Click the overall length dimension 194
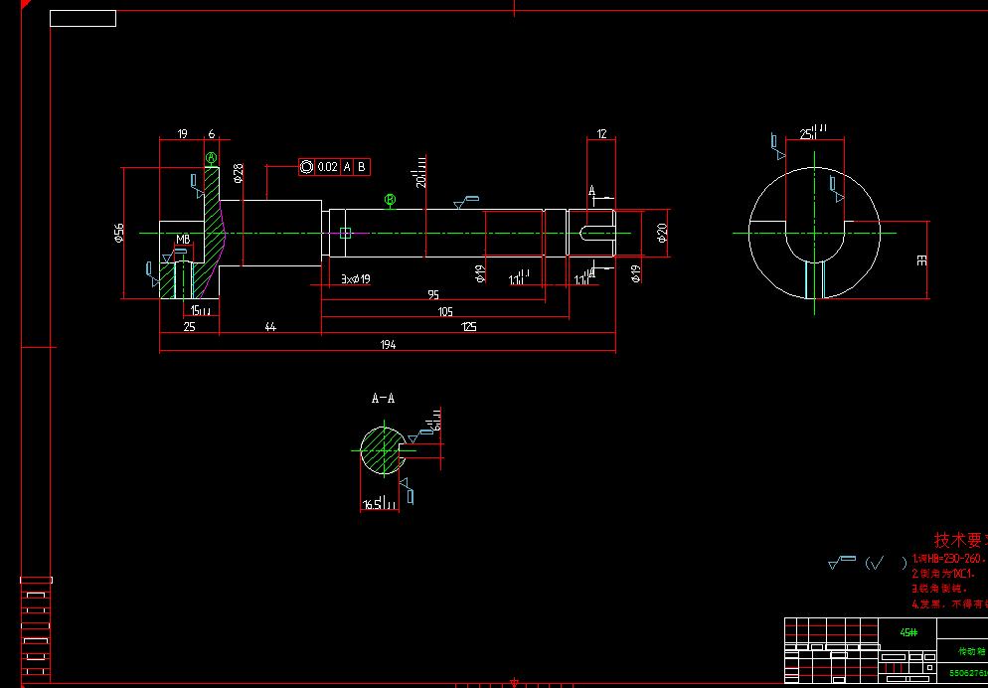point(388,345)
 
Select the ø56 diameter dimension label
point(118,233)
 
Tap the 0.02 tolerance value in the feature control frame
point(328,167)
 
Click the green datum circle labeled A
point(211,158)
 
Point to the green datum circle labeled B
point(391,200)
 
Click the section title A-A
point(383,399)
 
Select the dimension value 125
point(468,327)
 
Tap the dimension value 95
point(433,295)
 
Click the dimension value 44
point(269,327)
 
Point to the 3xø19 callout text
point(355,279)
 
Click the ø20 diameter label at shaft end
point(661,234)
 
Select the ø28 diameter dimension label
point(238,174)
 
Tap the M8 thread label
point(183,240)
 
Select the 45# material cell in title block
point(908,631)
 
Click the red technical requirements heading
point(960,540)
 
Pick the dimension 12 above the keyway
point(601,134)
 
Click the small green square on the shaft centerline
point(345,233)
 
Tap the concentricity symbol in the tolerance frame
point(306,167)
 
